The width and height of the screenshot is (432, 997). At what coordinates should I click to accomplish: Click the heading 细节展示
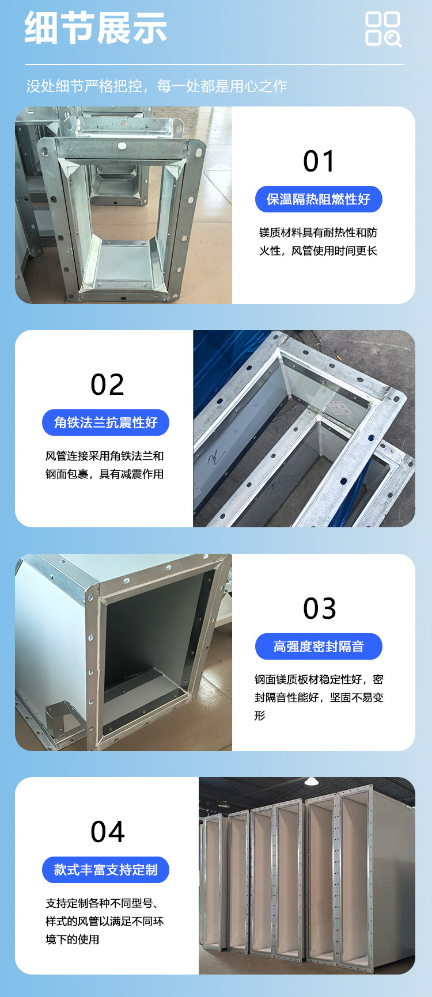point(96,28)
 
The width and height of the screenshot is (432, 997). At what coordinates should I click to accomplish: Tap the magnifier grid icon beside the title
point(383,29)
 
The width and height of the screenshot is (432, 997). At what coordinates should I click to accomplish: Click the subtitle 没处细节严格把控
point(84,86)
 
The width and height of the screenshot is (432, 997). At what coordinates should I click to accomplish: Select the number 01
point(319,161)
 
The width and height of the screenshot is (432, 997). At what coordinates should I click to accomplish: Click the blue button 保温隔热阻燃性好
point(319,199)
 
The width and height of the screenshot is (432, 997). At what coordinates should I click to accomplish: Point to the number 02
point(107,385)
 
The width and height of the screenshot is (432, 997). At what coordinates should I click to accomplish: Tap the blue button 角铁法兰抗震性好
point(105,423)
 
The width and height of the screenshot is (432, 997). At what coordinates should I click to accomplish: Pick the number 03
point(320,608)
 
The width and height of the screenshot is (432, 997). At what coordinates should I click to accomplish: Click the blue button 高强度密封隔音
point(319,646)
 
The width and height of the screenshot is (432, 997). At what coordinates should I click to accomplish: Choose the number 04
point(108,832)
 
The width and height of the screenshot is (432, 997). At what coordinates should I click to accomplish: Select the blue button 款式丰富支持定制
point(105,870)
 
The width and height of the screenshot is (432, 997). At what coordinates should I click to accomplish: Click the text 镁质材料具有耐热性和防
point(318,233)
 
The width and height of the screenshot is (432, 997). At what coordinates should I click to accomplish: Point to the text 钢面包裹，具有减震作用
point(104,474)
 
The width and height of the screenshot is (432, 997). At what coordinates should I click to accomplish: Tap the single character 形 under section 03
point(260,716)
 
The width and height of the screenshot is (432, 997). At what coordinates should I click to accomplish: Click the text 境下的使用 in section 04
point(72,939)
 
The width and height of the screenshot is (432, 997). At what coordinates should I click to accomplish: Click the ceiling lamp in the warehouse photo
point(311,781)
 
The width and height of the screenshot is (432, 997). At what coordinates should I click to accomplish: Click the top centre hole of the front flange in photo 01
point(122,146)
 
